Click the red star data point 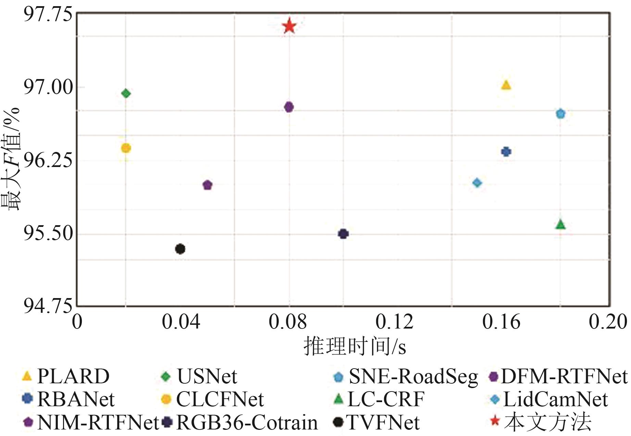(x=289, y=26)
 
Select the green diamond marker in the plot (x=126, y=93)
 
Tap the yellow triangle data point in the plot (x=506, y=85)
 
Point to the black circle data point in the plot (x=180, y=249)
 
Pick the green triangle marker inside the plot (x=560, y=225)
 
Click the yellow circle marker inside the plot (x=126, y=148)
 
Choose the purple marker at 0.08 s (x=289, y=107)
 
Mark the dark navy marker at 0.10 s (x=343, y=234)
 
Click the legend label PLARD (x=73, y=376)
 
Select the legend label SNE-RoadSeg (x=413, y=376)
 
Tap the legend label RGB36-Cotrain (x=247, y=423)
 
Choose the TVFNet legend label (x=383, y=423)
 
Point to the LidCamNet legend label (x=555, y=399)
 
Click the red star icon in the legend (x=495, y=421)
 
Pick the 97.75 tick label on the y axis (x=48, y=14)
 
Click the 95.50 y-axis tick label (x=48, y=234)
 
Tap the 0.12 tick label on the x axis (x=394, y=322)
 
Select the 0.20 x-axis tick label (x=607, y=322)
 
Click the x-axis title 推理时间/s (x=355, y=346)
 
